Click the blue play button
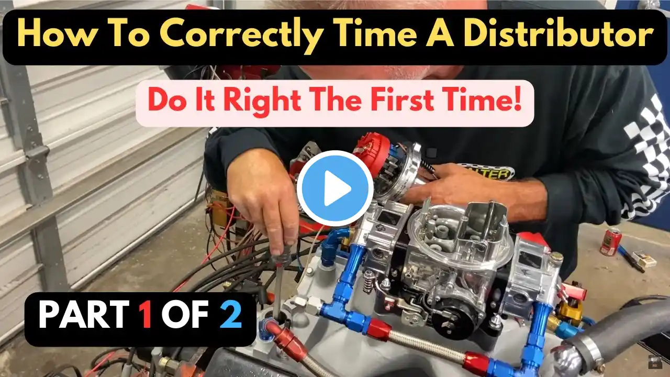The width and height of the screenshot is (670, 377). [x=335, y=188]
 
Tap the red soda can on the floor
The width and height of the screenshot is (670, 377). [x=610, y=241]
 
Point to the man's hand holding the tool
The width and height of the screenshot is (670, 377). [x=263, y=204]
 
